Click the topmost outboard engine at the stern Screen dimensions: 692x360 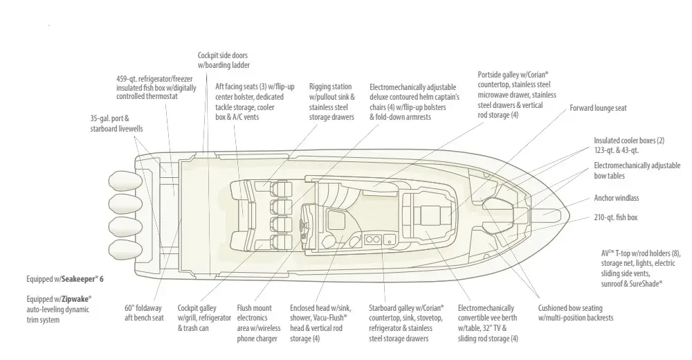point(126,181)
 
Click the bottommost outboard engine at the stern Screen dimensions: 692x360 point(126,251)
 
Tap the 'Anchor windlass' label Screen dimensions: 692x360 point(616,198)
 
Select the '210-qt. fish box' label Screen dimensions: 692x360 point(616,217)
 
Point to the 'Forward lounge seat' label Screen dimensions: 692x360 point(598,108)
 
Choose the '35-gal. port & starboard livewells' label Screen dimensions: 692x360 point(116,124)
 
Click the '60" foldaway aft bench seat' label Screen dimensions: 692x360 point(144,313)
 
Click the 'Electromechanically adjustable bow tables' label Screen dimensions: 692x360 point(637,170)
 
